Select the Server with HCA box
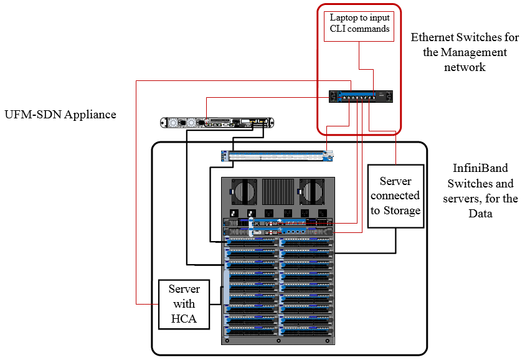[184, 304]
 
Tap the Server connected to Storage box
[395, 196]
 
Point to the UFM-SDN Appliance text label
[60, 115]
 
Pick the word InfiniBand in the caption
[479, 168]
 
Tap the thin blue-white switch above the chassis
[278, 156]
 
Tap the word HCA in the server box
[184, 319]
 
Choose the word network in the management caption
[465, 67]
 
